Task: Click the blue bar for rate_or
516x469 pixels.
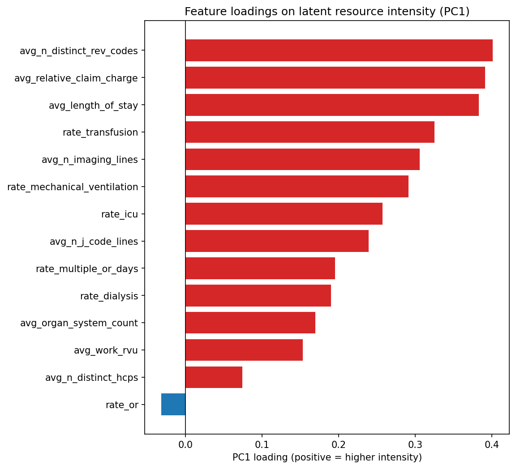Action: tap(173, 405)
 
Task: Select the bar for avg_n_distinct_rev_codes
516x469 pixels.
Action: tap(339, 51)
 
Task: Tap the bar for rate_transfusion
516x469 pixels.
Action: tap(310, 132)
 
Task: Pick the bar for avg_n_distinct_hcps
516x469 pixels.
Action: tap(214, 377)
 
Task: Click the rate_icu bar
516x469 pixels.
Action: tap(284, 214)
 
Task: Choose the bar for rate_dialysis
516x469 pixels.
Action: tap(258, 296)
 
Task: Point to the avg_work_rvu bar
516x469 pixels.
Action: tap(244, 350)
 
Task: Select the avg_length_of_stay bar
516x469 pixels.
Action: tap(332, 105)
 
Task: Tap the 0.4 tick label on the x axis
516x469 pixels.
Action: tap(492, 444)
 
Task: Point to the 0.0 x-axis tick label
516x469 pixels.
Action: tap(185, 444)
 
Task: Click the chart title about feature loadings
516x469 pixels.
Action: tap(327, 12)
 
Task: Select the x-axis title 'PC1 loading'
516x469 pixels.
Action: tap(327, 457)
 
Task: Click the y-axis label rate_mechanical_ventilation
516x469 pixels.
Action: tap(73, 187)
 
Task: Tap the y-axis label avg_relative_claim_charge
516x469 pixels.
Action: tap(76, 78)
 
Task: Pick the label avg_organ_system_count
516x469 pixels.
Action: tap(79, 323)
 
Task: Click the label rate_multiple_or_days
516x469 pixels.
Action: tap(87, 269)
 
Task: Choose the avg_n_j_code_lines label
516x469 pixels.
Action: tap(94, 242)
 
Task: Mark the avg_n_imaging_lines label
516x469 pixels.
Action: tap(90, 160)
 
